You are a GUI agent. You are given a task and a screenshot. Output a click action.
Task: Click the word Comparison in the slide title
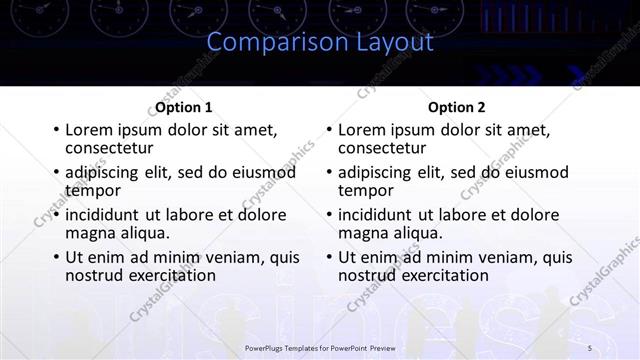coord(267,43)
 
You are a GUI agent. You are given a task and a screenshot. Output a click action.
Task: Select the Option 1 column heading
coord(183,107)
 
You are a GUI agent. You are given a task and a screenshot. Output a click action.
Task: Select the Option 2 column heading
coord(456,107)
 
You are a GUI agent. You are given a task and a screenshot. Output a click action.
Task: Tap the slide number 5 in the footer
coord(590,346)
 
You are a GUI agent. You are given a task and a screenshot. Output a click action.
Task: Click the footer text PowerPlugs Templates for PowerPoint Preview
coord(319,346)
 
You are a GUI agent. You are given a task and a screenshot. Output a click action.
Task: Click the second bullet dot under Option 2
coord(329,173)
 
